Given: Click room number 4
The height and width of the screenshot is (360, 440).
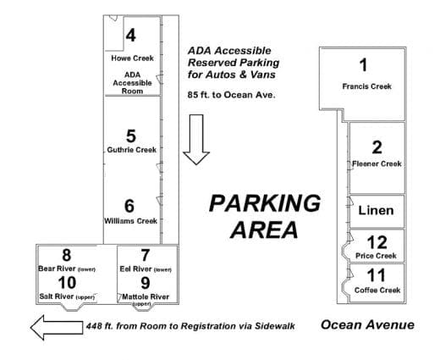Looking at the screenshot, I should click(x=131, y=36).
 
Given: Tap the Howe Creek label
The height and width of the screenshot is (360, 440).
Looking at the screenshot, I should click(x=131, y=58).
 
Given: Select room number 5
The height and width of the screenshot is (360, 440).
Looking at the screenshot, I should click(x=130, y=136).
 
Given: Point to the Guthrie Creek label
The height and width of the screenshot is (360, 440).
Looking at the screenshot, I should click(x=130, y=150).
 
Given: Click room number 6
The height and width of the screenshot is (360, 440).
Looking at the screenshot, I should click(x=129, y=206).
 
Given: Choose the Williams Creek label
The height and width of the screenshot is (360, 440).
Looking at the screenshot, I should click(x=130, y=221).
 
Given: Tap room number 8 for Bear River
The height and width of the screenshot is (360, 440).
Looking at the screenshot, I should click(x=66, y=255).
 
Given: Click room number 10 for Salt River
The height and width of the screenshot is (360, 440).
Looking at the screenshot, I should click(x=66, y=282).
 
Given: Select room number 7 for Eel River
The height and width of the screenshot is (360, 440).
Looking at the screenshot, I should click(x=145, y=255).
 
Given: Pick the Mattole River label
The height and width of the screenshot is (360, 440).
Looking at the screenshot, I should click(x=145, y=297).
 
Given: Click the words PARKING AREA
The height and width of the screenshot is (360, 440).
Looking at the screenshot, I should click(x=265, y=216).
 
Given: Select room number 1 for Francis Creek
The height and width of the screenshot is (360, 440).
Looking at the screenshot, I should click(x=364, y=64).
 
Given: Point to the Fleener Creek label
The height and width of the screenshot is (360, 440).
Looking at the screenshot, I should click(x=377, y=163).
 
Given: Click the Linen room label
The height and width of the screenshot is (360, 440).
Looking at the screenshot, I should click(x=377, y=211).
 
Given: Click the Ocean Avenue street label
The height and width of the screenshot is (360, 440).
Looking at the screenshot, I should click(x=367, y=324).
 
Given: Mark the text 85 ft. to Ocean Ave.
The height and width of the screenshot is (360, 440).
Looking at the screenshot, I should click(x=232, y=95).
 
